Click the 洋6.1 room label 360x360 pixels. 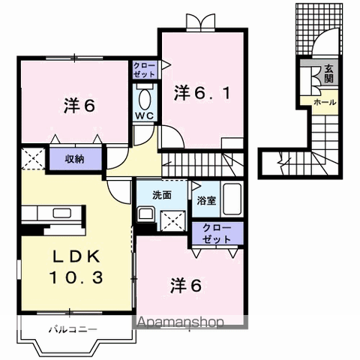[200, 93]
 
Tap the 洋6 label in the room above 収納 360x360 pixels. [79, 106]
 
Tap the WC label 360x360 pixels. [145, 115]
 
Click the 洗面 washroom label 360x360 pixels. [163, 195]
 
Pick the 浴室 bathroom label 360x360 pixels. [206, 201]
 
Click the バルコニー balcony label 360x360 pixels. [73, 328]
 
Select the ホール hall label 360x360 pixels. [324, 101]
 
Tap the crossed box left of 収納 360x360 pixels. [32, 159]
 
